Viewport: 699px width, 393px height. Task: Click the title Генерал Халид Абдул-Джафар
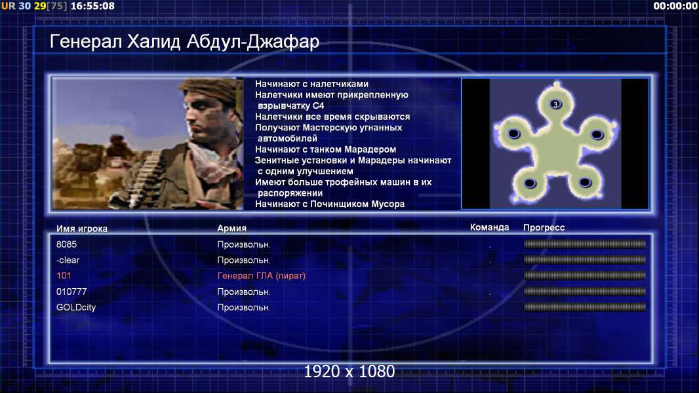tap(184, 42)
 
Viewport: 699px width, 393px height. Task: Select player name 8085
tap(66, 244)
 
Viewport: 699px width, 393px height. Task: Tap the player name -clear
tap(68, 260)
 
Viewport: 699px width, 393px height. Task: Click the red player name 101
tap(64, 276)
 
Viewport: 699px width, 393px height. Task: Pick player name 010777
tap(71, 291)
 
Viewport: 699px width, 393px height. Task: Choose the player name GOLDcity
tap(76, 307)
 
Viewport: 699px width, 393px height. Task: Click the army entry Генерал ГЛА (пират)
tap(262, 276)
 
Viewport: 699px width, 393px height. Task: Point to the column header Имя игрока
tap(81, 229)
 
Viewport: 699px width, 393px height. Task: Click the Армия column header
tap(232, 229)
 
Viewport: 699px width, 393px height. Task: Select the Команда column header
tap(489, 227)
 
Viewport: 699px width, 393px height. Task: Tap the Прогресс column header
tap(544, 228)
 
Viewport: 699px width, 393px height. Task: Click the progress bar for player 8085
tap(585, 244)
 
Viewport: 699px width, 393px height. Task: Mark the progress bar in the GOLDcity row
tap(585, 307)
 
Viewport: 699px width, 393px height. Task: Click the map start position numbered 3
tap(555, 104)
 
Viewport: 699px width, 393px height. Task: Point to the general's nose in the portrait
tap(190, 119)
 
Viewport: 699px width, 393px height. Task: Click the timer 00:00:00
tap(675, 7)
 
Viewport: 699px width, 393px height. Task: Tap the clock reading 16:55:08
tap(92, 7)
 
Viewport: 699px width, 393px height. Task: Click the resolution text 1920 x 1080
tap(349, 371)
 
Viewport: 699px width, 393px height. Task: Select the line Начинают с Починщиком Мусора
tap(330, 204)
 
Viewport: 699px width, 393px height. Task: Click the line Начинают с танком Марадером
tap(325, 149)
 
